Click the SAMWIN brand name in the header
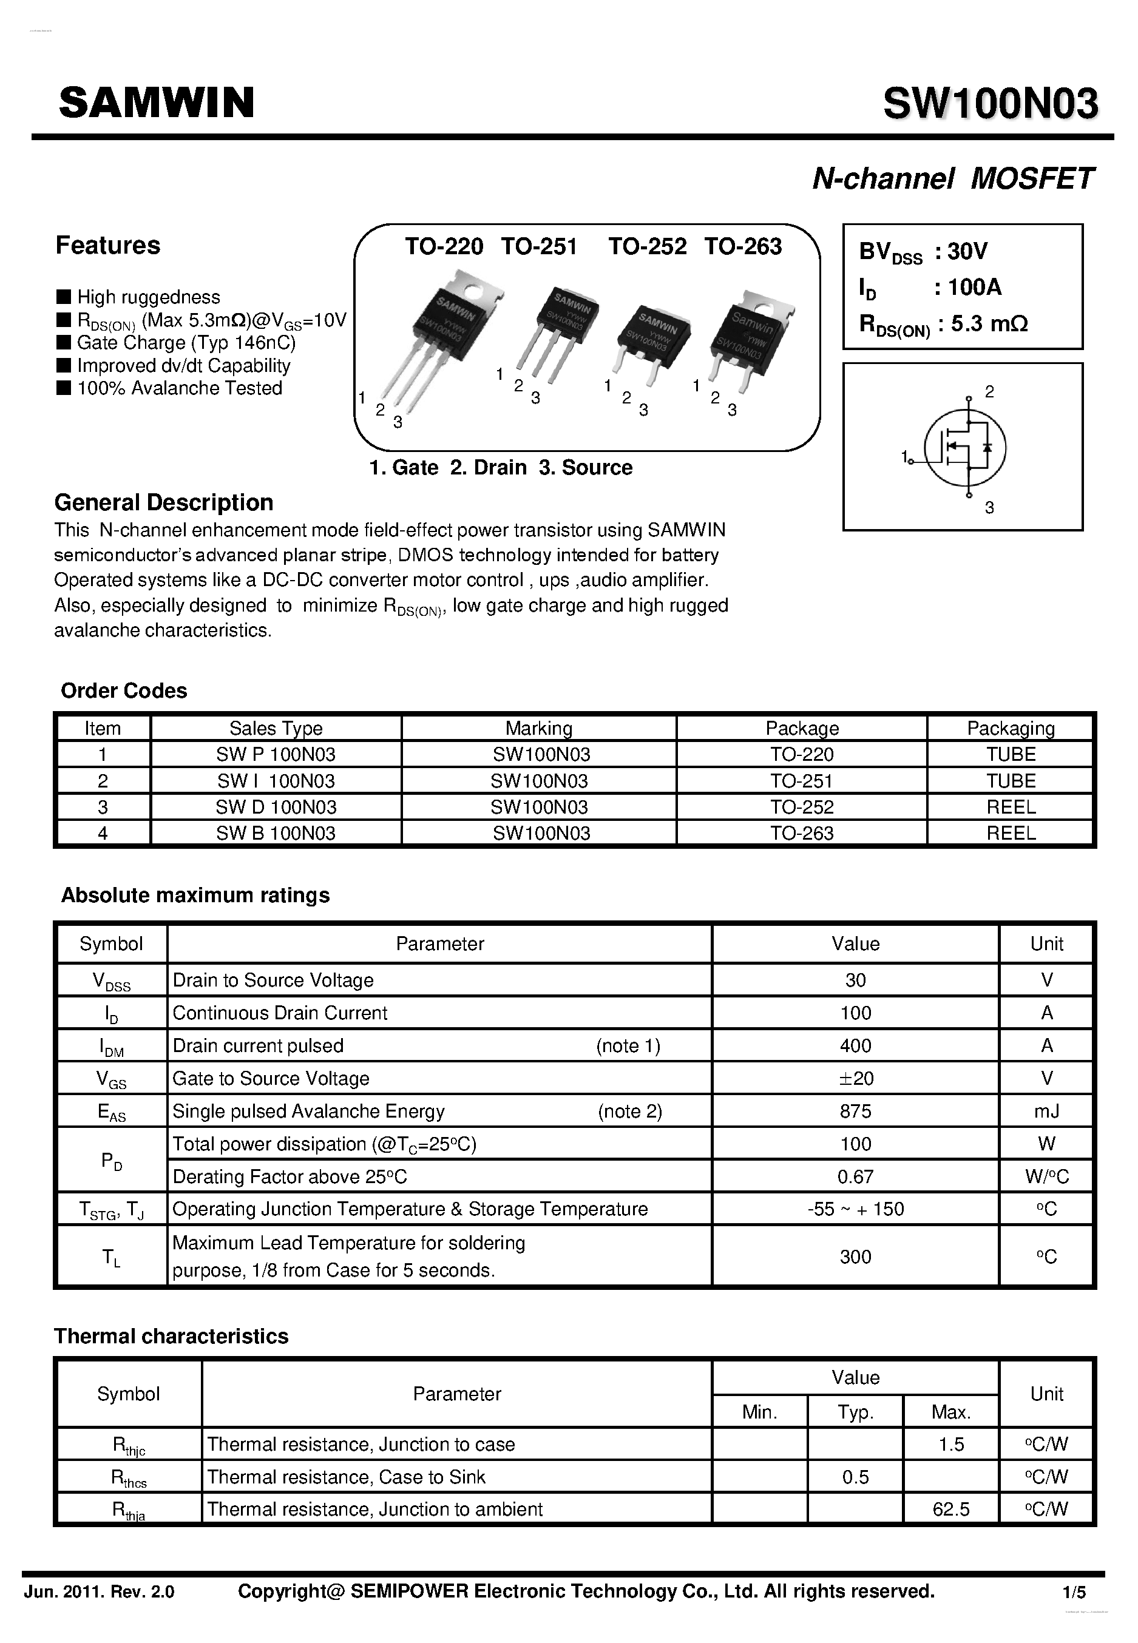(156, 103)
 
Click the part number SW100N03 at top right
(991, 104)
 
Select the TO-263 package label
(742, 246)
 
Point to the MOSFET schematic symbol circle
(965, 448)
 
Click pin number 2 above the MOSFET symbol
(989, 391)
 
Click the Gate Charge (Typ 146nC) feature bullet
(185, 343)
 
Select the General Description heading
(163, 502)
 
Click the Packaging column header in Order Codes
(1011, 729)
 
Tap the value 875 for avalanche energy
(855, 1112)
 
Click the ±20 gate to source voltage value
(855, 1079)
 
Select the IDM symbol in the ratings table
(111, 1047)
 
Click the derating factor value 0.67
(855, 1177)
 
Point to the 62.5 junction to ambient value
(950, 1509)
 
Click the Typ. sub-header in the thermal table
(855, 1412)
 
